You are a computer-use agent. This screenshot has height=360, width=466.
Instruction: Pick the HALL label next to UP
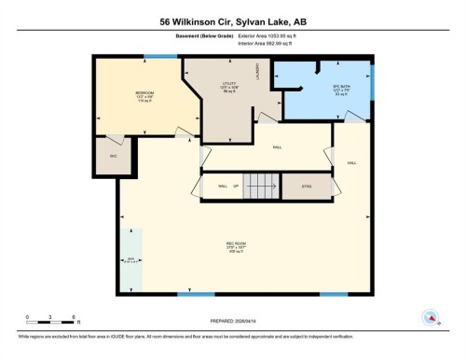tap(223, 187)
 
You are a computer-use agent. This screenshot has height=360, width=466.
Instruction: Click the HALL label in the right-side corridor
tap(351, 162)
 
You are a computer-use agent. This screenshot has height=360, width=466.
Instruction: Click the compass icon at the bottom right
tap(430, 316)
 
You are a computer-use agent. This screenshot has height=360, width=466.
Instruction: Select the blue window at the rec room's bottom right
tap(332, 296)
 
